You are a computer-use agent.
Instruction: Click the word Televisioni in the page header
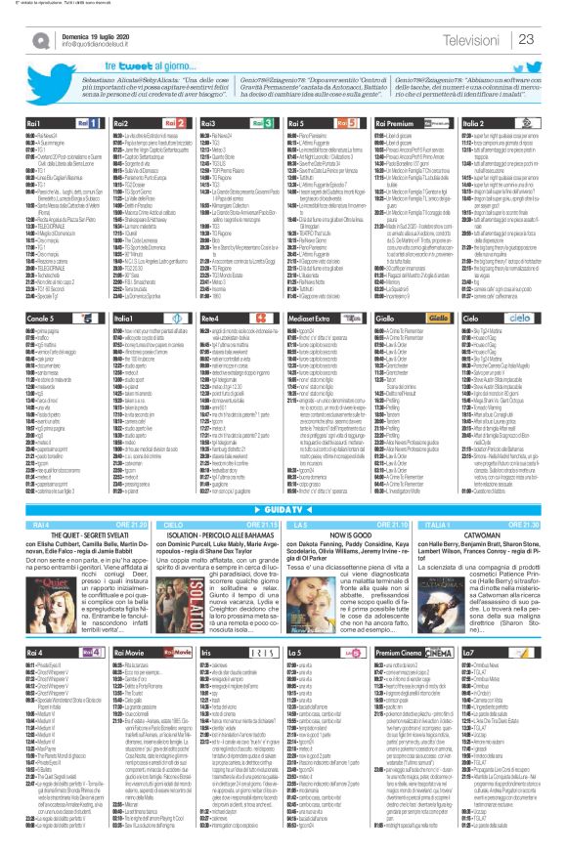coord(475,39)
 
